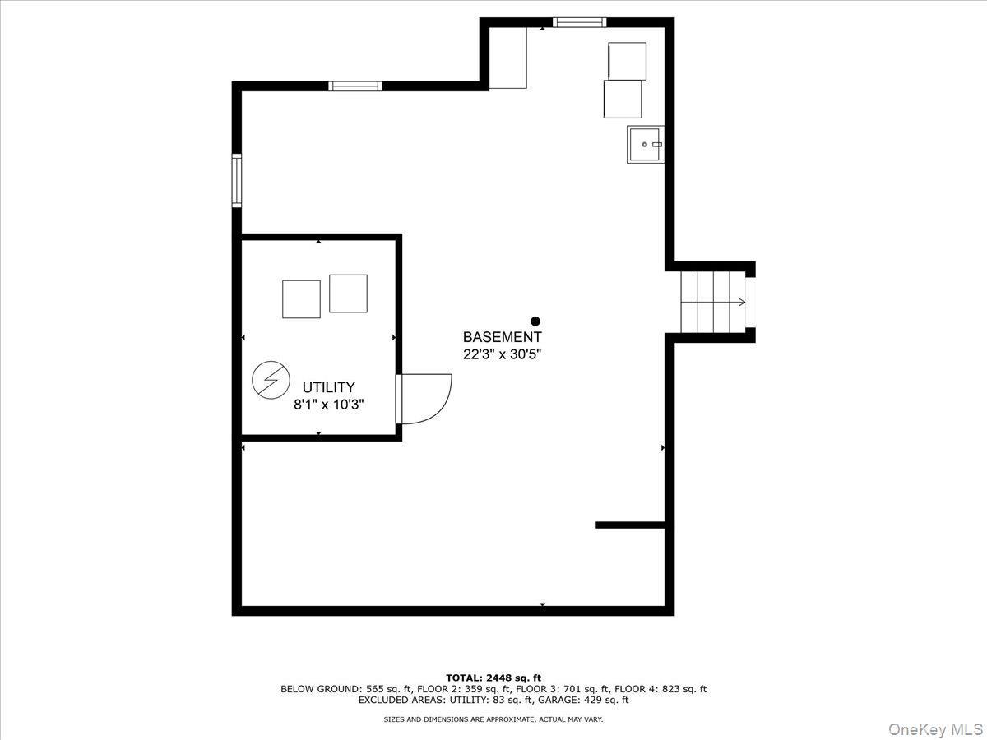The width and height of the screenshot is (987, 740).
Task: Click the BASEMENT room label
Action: click(502, 337)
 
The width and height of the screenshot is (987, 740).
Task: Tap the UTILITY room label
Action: click(328, 387)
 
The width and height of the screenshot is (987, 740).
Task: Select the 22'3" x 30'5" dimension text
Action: click(502, 354)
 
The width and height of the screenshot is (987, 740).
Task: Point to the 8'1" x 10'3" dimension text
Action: click(328, 405)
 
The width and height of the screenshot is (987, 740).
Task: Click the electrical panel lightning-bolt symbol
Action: click(271, 379)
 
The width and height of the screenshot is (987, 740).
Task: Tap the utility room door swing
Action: click(424, 399)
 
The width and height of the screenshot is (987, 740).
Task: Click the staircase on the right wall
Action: click(712, 302)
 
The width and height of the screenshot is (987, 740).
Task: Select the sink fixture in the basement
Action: click(645, 145)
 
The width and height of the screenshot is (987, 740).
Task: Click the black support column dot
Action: click(535, 321)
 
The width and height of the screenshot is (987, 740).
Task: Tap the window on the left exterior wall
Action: click(237, 181)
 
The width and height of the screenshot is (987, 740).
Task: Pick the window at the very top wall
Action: click(579, 22)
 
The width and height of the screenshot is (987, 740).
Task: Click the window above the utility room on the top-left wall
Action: click(355, 86)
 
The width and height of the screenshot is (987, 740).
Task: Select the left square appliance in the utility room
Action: click(301, 299)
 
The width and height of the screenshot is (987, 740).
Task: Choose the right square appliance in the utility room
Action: click(348, 294)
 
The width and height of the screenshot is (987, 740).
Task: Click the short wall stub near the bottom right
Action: click(629, 525)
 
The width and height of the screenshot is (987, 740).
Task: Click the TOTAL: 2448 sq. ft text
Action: click(493, 678)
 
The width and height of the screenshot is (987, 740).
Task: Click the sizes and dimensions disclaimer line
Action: click(493, 719)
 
